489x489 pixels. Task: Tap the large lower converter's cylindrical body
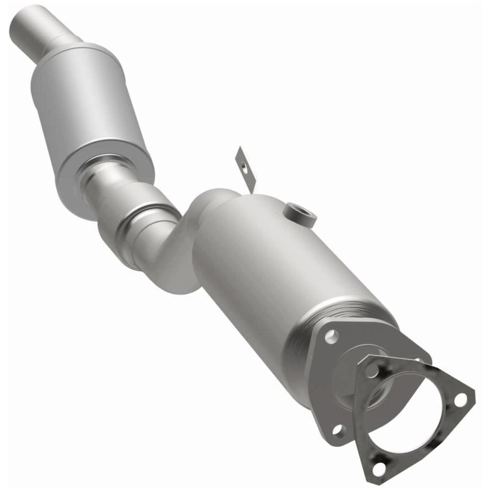[x=275, y=269]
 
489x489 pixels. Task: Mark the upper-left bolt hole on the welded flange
[x=331, y=334]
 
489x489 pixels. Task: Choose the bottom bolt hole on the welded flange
[x=337, y=429]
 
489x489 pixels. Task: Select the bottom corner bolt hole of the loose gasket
[x=380, y=469]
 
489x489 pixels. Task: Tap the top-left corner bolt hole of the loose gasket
[x=371, y=369]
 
